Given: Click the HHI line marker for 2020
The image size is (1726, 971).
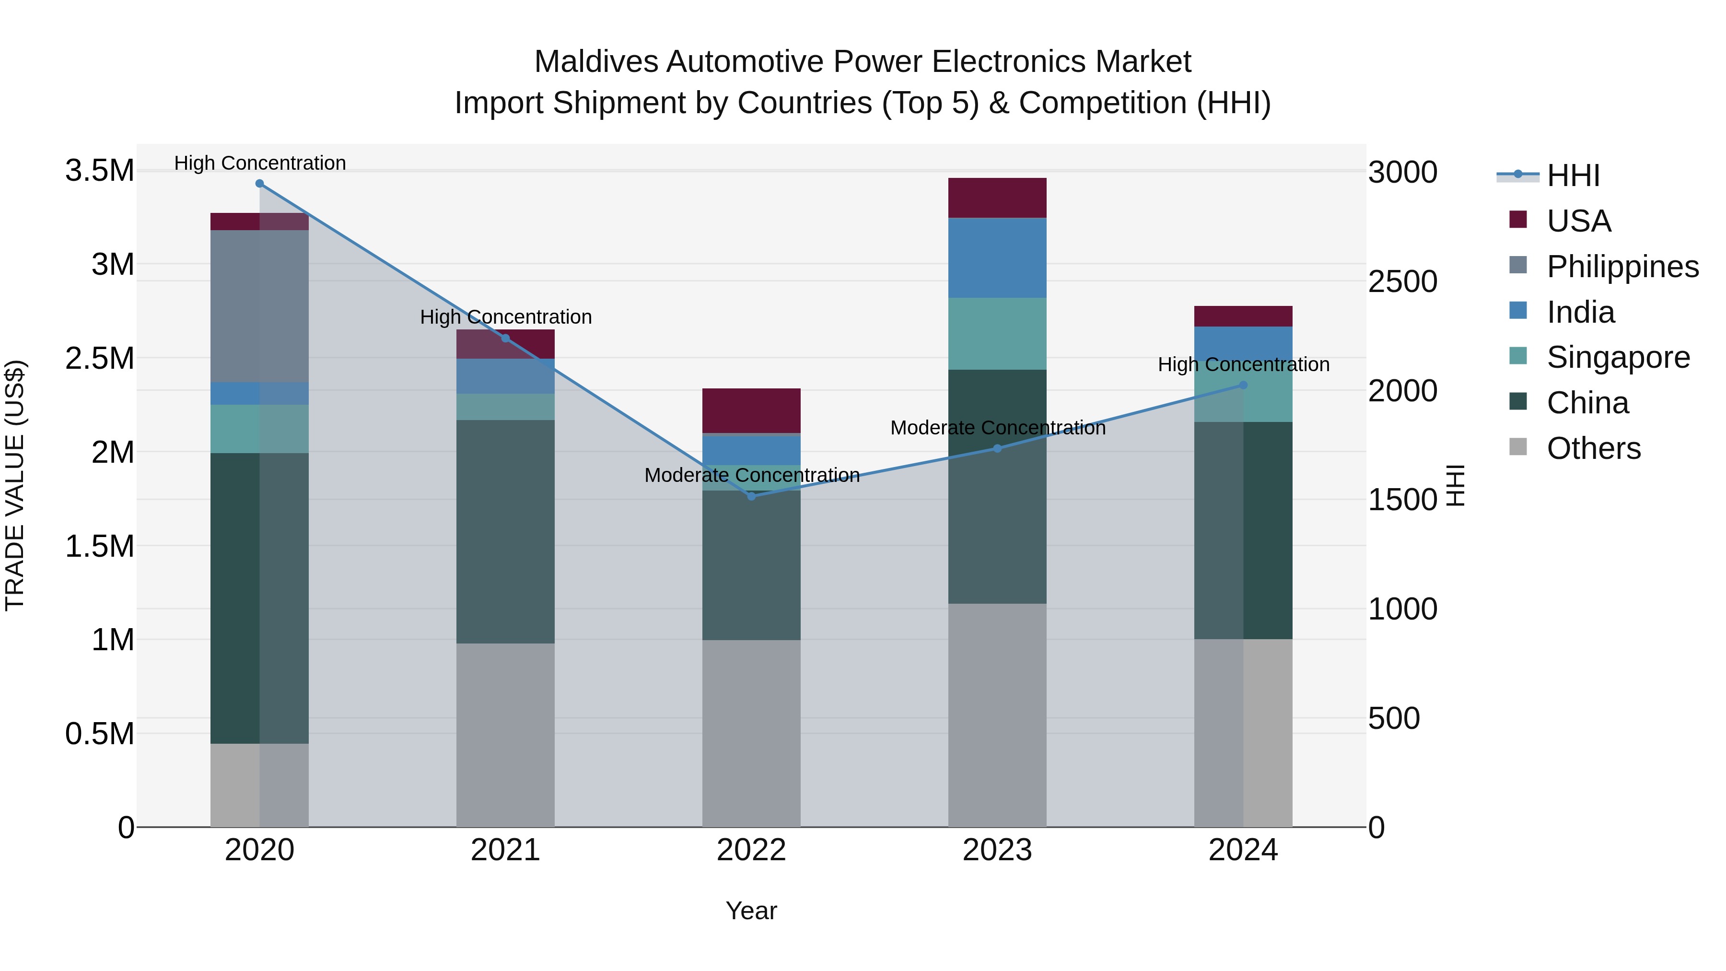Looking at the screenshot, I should click(x=259, y=184).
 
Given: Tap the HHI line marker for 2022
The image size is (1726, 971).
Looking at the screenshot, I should click(x=751, y=496).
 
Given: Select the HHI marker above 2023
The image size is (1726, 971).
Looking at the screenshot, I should click(x=997, y=448).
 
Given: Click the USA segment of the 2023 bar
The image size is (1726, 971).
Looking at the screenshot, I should click(x=997, y=198).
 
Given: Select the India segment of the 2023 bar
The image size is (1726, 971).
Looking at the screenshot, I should click(x=997, y=257).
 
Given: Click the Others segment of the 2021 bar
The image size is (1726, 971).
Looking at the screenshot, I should click(x=505, y=735).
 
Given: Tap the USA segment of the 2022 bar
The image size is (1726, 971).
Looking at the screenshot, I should click(x=751, y=410).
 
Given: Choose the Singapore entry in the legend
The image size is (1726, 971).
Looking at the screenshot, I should click(x=1618, y=357).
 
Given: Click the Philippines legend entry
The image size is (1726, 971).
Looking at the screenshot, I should click(x=1621, y=267).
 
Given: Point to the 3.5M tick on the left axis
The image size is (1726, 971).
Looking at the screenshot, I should click(x=99, y=171).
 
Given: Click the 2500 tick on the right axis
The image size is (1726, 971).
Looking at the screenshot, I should click(x=1402, y=281).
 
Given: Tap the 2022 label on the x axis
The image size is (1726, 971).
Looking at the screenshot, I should click(x=751, y=850).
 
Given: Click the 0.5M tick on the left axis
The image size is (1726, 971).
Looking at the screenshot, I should click(x=99, y=734).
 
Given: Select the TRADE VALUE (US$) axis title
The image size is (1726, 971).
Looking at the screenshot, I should click(x=15, y=485).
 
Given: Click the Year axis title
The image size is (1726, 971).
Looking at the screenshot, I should click(x=751, y=911).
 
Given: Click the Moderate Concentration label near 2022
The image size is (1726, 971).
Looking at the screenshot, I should click(x=752, y=475).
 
